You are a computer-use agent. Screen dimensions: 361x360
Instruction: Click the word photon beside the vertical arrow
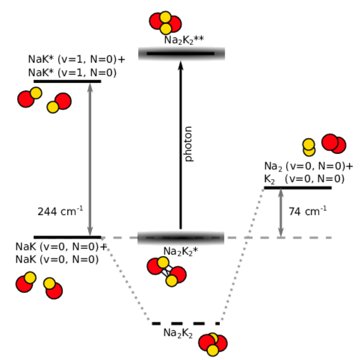pyautogui.click(x=188, y=144)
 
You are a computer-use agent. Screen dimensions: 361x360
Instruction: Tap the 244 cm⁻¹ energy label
pyautogui.click(x=60, y=211)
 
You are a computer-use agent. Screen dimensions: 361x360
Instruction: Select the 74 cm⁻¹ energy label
pyautogui.click(x=308, y=211)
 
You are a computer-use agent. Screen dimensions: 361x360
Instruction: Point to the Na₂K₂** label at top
pyautogui.click(x=184, y=40)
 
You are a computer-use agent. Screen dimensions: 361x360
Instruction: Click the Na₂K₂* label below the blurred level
pyautogui.click(x=180, y=251)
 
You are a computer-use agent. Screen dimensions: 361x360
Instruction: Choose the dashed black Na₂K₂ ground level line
pyautogui.click(x=186, y=324)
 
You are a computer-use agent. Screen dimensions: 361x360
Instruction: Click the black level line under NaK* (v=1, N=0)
pyautogui.click(x=67, y=81)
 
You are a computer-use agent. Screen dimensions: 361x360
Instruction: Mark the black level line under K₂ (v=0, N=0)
pyautogui.click(x=298, y=188)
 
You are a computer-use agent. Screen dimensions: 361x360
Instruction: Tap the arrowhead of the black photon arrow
pyautogui.click(x=180, y=65)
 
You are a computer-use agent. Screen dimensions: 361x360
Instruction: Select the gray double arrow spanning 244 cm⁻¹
pyautogui.click(x=90, y=159)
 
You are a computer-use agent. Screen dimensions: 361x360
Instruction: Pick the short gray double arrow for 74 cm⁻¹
pyautogui.click(x=281, y=213)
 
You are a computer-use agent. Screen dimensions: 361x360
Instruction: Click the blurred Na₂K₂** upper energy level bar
pyautogui.click(x=181, y=54)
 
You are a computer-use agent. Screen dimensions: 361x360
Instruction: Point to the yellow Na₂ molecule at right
pyautogui.click(x=308, y=147)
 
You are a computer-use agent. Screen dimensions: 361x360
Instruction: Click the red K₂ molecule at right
pyautogui.click(x=334, y=144)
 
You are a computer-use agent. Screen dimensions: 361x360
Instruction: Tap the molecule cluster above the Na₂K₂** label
pyautogui.click(x=165, y=23)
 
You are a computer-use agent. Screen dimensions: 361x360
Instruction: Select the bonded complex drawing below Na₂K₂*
pyautogui.click(x=167, y=272)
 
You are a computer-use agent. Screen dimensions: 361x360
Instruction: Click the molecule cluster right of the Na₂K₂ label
pyautogui.click(x=213, y=344)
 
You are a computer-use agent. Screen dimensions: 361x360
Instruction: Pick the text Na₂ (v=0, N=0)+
pyautogui.click(x=308, y=166)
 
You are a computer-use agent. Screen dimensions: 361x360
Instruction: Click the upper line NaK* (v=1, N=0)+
pyautogui.click(x=77, y=59)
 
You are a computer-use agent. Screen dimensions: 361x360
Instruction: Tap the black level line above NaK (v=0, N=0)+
pyautogui.click(x=67, y=237)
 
